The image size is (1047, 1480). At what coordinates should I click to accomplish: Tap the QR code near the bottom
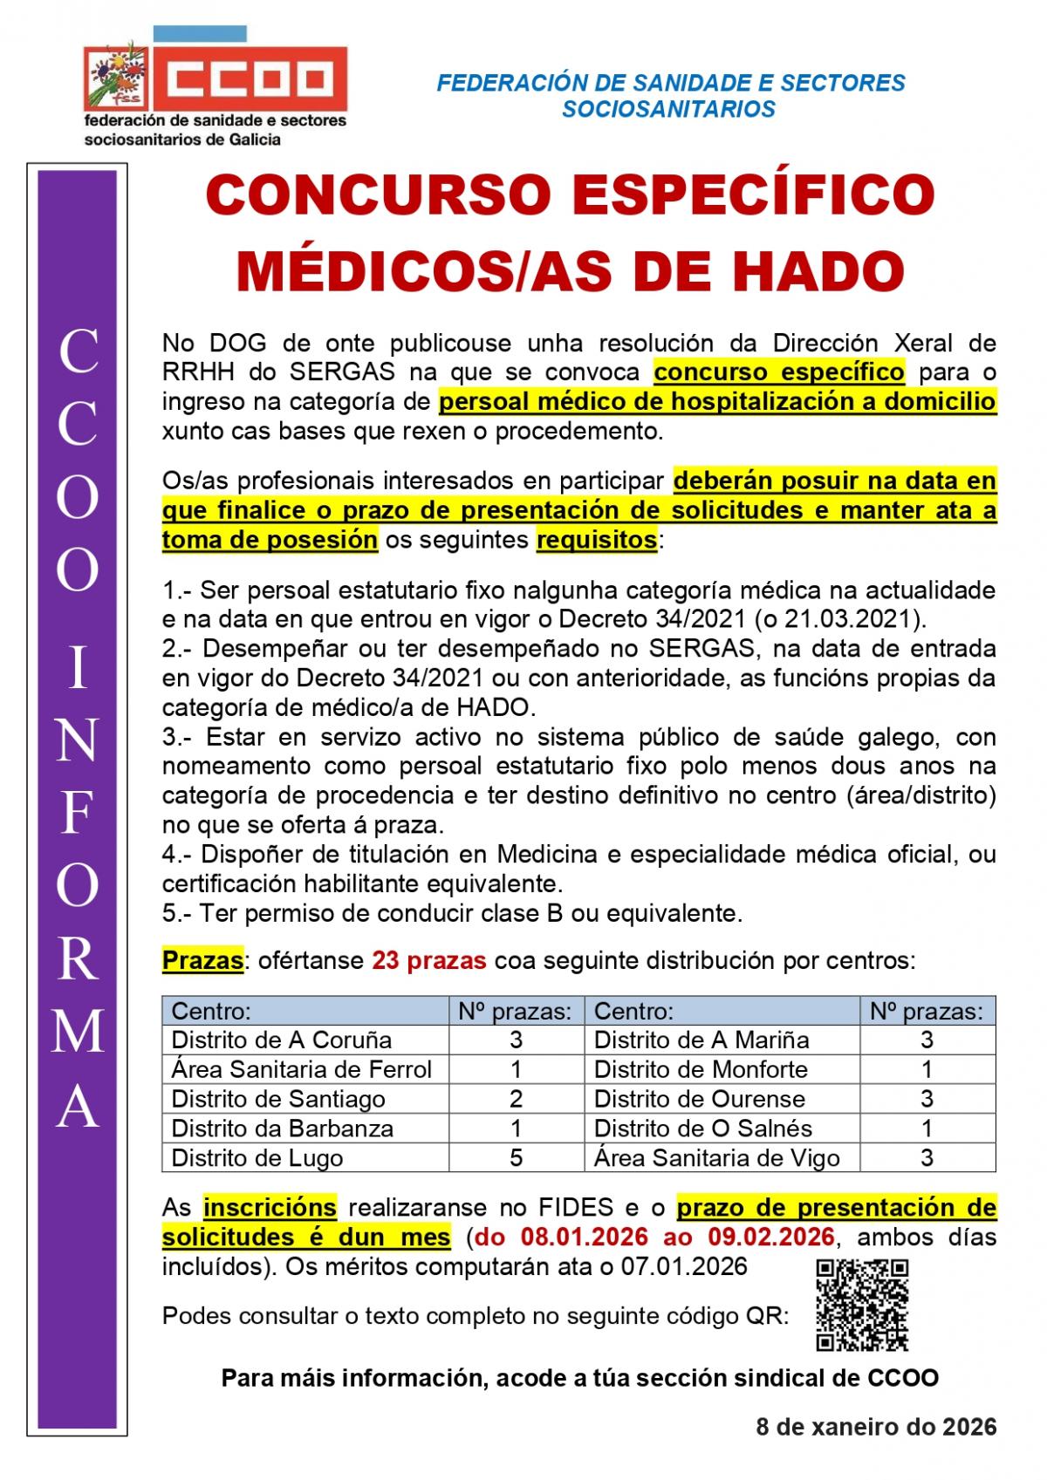(862, 1305)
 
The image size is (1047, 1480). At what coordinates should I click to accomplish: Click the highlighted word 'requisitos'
(597, 540)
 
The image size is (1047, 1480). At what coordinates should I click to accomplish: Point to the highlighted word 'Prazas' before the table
(202, 960)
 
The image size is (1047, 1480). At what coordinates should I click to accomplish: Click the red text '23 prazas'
(428, 960)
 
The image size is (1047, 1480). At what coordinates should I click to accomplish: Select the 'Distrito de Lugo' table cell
(257, 1157)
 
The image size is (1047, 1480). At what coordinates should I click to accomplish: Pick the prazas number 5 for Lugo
(516, 1157)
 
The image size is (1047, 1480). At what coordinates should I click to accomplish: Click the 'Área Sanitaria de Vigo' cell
(716, 1157)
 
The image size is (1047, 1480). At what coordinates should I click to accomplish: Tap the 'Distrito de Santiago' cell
(278, 1099)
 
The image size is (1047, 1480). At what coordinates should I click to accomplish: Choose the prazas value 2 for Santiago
(516, 1099)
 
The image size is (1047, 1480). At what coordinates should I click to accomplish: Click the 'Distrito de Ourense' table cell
(699, 1099)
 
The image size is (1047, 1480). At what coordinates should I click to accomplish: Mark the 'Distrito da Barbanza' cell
(282, 1129)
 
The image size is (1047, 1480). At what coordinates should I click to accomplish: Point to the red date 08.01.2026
(585, 1237)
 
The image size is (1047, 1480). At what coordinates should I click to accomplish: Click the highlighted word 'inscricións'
(270, 1207)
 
